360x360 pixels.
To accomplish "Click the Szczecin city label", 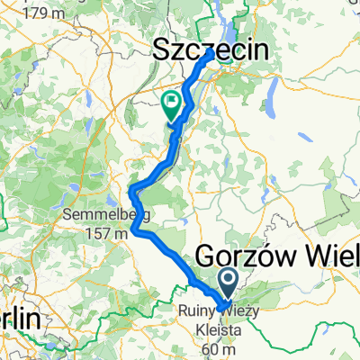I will tap(212, 52).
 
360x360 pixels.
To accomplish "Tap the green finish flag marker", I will tap(171, 107).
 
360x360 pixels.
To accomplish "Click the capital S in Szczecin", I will tap(166, 52).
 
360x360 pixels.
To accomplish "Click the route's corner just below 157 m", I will tap(135, 230).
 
